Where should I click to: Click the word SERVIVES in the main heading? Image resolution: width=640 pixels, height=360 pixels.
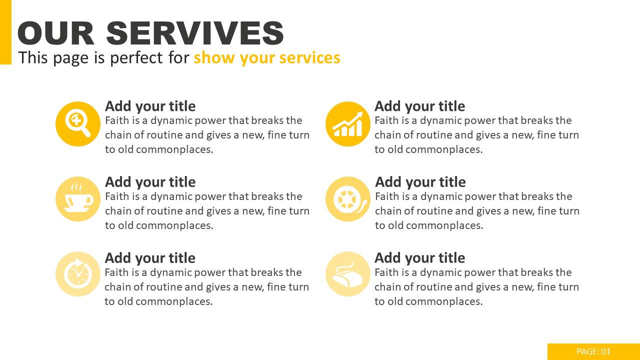195,33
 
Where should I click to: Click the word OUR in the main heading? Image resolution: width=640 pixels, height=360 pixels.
55,33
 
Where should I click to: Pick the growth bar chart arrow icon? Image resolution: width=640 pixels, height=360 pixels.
348,124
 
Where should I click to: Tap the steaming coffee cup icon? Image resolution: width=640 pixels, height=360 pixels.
78,199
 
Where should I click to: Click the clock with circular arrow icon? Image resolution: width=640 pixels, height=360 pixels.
78,274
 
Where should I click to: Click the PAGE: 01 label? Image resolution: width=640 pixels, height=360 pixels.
593,351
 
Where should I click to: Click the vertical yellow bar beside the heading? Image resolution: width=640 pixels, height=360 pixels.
5,32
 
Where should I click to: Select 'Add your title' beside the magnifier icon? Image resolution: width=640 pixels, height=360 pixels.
150,106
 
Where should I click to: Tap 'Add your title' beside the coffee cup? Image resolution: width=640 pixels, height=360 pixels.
150,182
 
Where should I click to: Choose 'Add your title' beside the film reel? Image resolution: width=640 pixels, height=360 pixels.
420,182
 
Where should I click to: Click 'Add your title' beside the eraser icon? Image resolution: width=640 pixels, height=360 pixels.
419,258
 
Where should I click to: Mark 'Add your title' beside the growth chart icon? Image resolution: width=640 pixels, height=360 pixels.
419,106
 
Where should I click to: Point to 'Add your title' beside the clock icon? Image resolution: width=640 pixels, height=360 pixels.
150,258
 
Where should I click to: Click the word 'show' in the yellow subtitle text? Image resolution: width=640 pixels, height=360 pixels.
214,57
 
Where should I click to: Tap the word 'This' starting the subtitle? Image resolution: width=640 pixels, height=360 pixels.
33,57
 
